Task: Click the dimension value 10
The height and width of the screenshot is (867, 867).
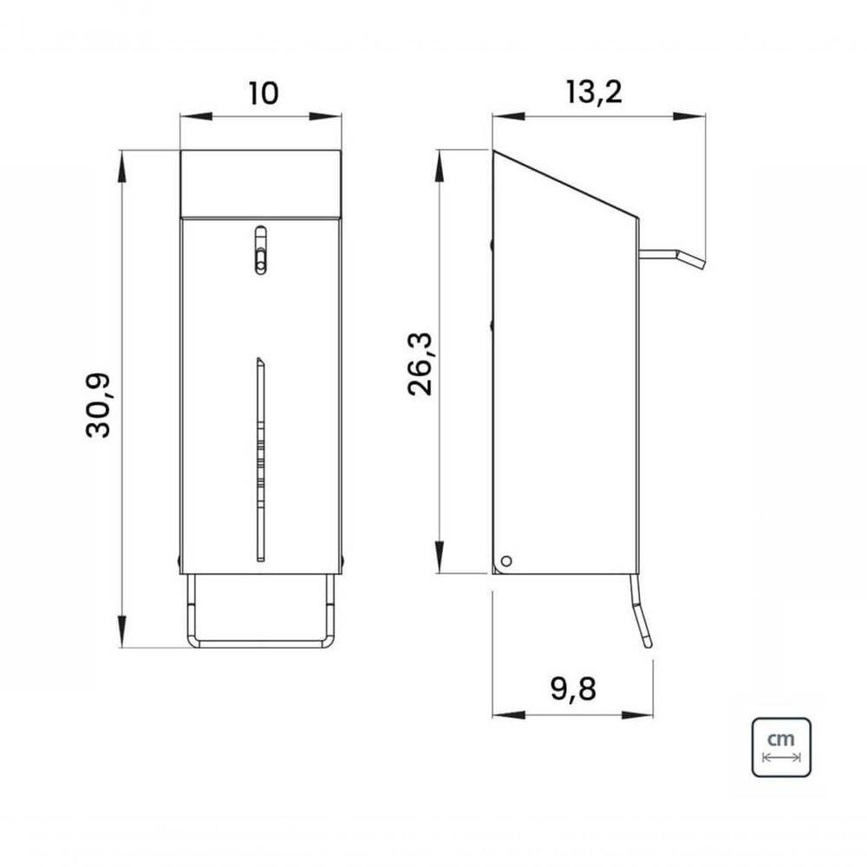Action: coord(264,94)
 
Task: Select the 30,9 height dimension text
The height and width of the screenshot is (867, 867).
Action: coord(99,406)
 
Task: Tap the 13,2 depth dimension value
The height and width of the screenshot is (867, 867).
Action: coord(594,92)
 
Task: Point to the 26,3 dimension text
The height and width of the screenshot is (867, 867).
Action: coord(421,364)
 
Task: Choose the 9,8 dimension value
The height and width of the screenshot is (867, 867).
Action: coord(573,689)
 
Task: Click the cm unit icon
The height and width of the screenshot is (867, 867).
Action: coord(781,747)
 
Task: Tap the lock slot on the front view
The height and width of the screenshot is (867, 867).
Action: coord(259,250)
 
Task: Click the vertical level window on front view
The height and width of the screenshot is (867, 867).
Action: coord(260,460)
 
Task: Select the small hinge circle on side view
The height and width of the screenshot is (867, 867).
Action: coord(505,561)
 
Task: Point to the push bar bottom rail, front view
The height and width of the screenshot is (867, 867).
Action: coord(261,643)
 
